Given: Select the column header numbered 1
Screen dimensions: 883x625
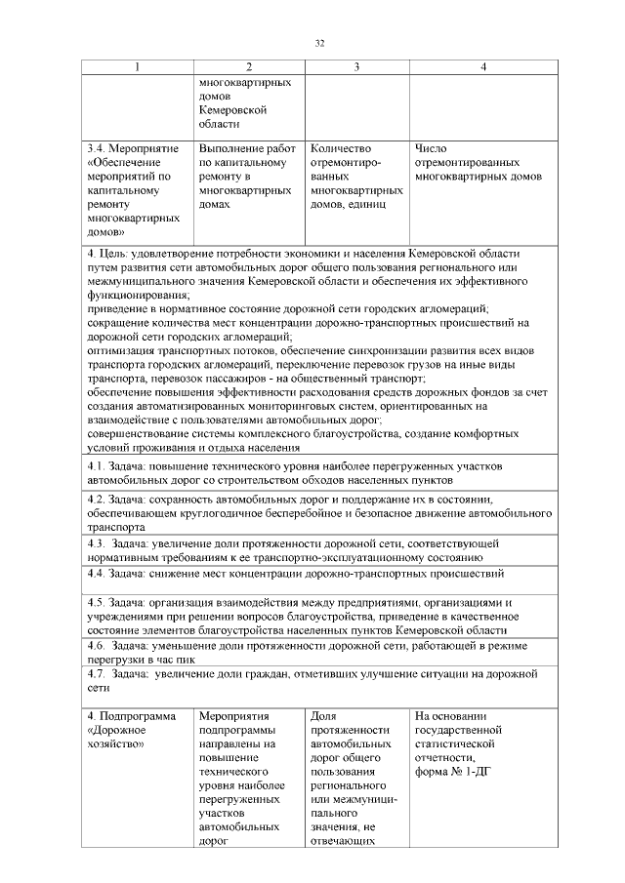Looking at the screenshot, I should (x=138, y=66).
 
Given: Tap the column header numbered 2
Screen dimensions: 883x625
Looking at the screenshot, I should (x=249, y=66).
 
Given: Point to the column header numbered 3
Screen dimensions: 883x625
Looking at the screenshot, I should (x=356, y=66).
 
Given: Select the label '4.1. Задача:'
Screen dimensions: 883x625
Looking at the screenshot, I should (x=117, y=467).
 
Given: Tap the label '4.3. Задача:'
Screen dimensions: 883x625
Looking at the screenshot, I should (x=117, y=542).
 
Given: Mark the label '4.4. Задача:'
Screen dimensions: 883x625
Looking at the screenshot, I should (x=117, y=573).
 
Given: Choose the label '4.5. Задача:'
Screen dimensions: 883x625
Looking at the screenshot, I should (x=117, y=602).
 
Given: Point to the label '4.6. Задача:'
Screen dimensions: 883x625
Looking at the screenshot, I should (x=117, y=646).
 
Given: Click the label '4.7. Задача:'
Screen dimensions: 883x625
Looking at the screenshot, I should (x=117, y=674).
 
